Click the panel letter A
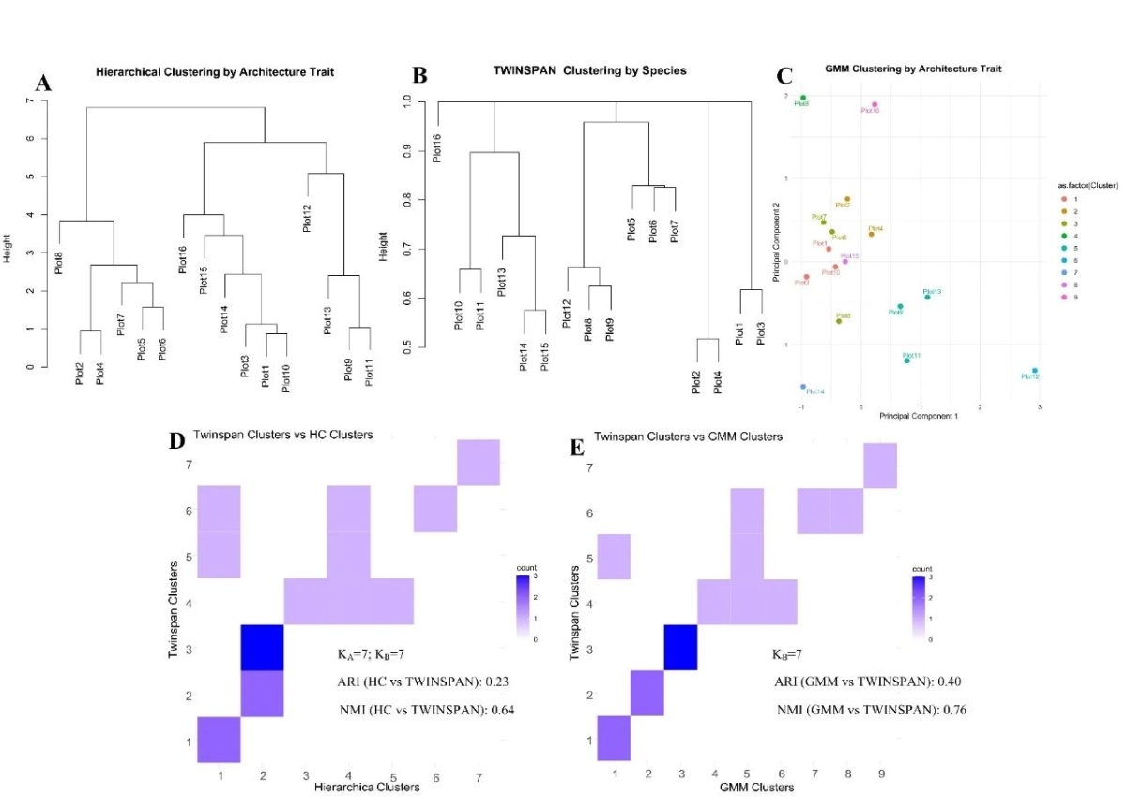(x=42, y=84)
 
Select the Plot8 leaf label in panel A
(x=59, y=262)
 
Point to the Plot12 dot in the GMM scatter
(x=1034, y=371)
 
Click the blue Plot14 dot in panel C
(x=803, y=386)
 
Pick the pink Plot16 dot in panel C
(x=875, y=105)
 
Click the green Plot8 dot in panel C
(x=803, y=98)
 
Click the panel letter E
(x=578, y=441)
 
